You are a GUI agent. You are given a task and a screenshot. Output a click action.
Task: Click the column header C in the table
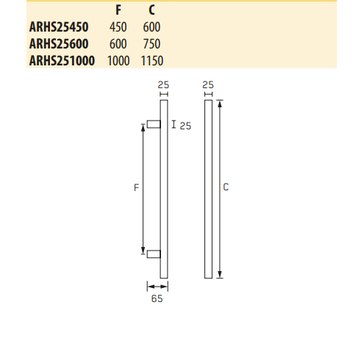(151, 12)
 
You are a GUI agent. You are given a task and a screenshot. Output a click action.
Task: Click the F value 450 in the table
(118, 27)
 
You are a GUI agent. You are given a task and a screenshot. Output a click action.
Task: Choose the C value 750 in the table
(151, 43)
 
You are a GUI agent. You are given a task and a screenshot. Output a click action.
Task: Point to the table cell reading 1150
(151, 60)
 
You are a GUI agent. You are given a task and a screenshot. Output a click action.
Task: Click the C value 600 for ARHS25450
(151, 27)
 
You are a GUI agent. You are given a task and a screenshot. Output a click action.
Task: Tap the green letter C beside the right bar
(226, 188)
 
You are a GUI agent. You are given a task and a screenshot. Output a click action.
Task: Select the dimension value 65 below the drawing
(155, 299)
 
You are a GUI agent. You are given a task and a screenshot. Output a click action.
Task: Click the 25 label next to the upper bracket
(185, 126)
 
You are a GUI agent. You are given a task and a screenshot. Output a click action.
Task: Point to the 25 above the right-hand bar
(207, 85)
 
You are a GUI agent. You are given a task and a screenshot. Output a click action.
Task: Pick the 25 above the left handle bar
(163, 85)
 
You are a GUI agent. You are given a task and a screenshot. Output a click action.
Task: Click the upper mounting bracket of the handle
(153, 125)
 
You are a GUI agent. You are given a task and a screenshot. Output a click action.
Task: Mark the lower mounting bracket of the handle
(153, 254)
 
